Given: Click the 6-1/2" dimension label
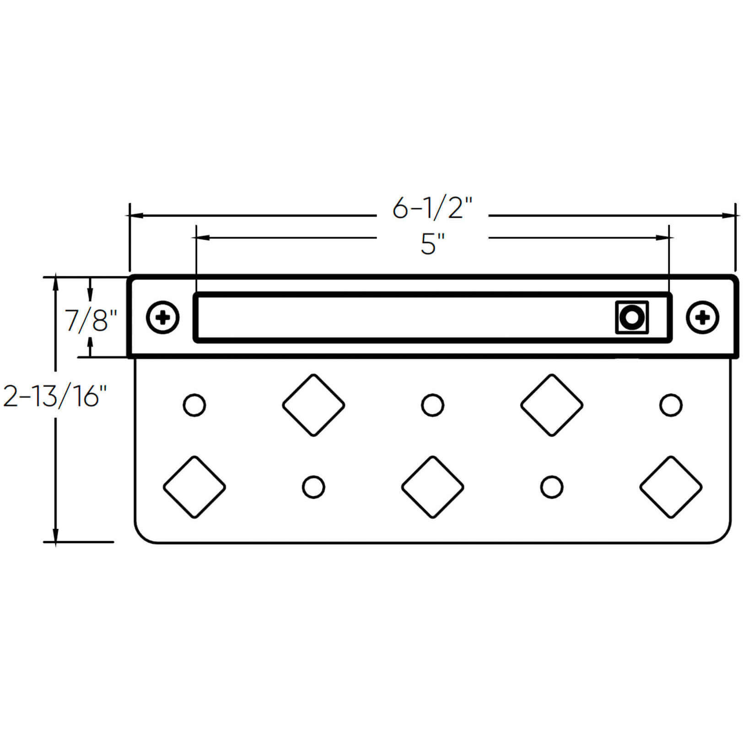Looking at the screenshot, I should click(x=432, y=209).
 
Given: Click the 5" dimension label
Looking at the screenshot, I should click(x=432, y=245).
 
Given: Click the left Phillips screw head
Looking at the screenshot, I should click(x=162, y=317).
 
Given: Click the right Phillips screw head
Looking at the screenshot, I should click(x=703, y=317).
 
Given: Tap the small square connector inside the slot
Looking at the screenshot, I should click(x=632, y=317).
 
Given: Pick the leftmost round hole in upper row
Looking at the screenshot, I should click(x=194, y=405).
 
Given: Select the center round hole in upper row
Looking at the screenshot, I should click(x=432, y=405).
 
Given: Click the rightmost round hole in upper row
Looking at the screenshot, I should click(x=671, y=405).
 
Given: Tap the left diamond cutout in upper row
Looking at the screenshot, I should click(x=313, y=405).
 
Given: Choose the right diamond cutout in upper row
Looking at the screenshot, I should click(x=552, y=405).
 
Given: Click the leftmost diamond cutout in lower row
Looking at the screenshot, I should click(x=194, y=487).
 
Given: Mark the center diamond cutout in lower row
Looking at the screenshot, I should click(x=432, y=487).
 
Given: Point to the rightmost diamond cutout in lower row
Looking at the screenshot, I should click(x=671, y=487).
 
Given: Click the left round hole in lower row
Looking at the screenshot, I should click(x=313, y=487).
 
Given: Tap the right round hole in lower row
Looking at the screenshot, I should click(x=552, y=487).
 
